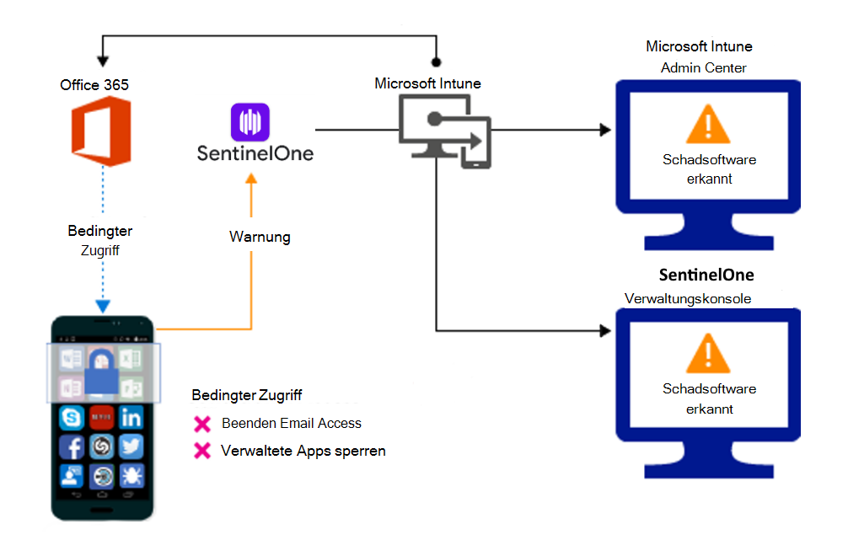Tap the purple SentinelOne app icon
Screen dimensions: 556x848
[250, 122]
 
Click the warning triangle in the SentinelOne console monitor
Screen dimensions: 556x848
[708, 356]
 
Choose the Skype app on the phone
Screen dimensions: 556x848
[72, 417]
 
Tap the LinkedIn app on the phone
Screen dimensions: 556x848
[131, 417]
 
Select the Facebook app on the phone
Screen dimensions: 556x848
[72, 446]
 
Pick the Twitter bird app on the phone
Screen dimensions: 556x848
[131, 446]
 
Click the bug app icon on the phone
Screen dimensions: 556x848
[131, 476]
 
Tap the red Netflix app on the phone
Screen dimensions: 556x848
[101, 417]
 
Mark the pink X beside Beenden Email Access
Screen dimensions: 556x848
[202, 424]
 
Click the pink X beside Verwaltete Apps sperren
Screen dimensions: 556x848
[202, 452]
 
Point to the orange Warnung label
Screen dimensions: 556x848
[260, 238]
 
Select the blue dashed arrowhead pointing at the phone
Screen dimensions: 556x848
[101, 307]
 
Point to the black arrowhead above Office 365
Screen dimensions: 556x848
[103, 61]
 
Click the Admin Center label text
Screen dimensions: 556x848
[703, 67]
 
